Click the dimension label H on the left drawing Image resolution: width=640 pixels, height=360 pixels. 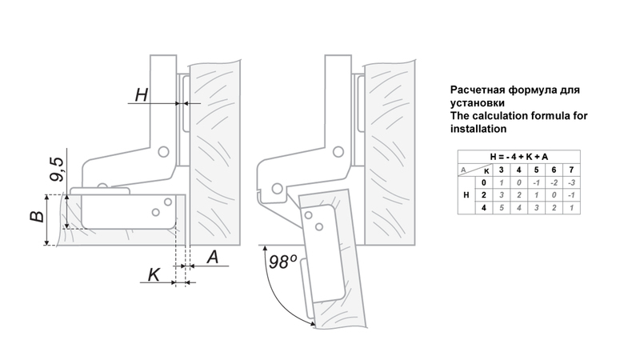142,94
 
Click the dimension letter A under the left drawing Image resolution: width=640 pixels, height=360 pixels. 213,257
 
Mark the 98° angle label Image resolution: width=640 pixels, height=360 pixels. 282,262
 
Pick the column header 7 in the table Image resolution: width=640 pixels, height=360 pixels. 570,170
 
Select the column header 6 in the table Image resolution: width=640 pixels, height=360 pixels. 553,170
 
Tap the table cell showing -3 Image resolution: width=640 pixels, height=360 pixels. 570,182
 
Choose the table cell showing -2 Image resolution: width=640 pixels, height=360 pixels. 553,182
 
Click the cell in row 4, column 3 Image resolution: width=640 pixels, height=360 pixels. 501,208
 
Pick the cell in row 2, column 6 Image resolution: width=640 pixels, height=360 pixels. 553,195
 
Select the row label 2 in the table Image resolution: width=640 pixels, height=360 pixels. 482,195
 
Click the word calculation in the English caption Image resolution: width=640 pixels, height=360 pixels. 506,116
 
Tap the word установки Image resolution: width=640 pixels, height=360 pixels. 478,103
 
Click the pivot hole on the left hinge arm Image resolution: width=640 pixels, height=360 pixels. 163,150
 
